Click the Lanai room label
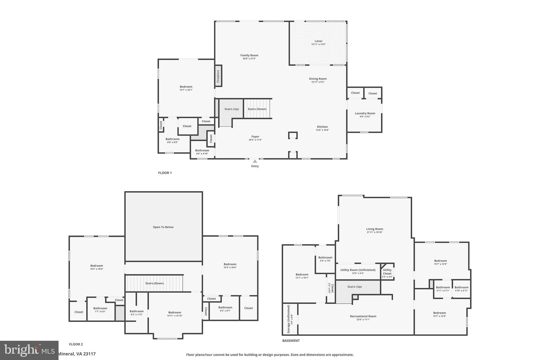318,41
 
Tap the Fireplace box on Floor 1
218,76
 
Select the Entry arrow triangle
255,161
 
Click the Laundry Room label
365,113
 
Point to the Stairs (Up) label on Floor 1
232,109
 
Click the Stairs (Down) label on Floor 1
257,109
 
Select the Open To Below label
163,227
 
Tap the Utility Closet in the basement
387,272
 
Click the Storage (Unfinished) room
290,319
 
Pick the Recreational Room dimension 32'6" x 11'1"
363,320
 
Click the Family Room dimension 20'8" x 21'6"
249,59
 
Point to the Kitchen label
322,127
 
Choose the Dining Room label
318,79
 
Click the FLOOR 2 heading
76,344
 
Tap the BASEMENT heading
291,340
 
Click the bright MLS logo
29,350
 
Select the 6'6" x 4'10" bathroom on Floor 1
202,152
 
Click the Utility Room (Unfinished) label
358,270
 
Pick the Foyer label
255,137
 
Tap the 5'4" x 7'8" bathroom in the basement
325,259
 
